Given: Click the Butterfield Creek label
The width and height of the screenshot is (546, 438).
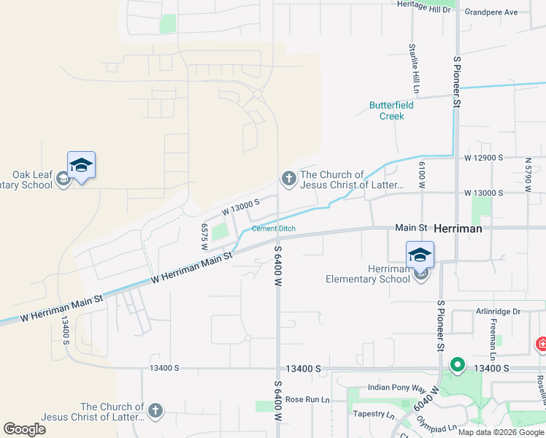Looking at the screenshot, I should coord(391,110).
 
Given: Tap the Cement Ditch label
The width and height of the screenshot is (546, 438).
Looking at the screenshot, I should coord(274,228).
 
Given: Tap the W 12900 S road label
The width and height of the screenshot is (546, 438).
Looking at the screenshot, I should coord(484,158).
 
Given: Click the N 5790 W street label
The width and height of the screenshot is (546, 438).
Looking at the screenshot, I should coord(528,174).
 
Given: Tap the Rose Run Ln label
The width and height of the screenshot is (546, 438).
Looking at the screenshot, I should coord(307,399).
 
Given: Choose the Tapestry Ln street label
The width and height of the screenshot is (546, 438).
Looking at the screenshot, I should coord(373,414).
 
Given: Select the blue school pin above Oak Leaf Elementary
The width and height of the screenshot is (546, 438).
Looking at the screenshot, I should coord(81,166).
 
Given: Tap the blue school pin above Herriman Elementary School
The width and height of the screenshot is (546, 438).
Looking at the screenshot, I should coord(420,255).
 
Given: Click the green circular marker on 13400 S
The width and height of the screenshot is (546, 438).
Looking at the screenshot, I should coord(458,364).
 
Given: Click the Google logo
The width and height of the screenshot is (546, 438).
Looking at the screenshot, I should coord(24,429).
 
